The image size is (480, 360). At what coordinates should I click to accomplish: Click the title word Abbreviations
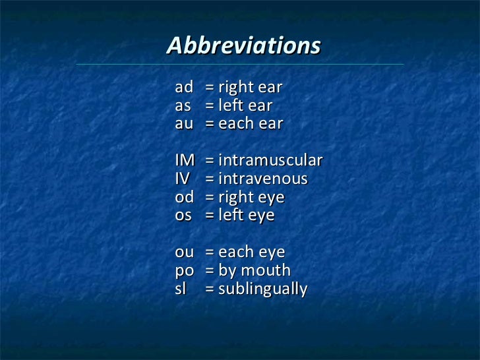(243, 46)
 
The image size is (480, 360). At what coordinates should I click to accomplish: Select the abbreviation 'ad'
(184, 87)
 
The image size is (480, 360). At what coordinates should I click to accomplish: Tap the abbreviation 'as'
(183, 105)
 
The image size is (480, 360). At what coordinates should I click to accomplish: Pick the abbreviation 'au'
(184, 124)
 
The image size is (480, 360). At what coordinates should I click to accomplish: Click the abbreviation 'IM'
(185, 160)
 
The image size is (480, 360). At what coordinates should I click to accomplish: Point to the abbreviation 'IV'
(183, 179)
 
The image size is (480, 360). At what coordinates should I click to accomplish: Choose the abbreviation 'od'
(185, 196)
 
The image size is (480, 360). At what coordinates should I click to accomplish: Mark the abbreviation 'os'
(183, 215)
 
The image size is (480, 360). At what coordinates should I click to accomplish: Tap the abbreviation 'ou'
(185, 252)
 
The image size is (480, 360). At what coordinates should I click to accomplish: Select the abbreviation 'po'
(184, 270)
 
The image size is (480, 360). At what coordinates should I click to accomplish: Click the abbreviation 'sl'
(180, 288)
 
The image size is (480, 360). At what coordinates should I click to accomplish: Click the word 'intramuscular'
(270, 160)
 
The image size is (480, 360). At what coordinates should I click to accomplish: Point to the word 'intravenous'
(263, 179)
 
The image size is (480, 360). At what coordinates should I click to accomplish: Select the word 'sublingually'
(263, 289)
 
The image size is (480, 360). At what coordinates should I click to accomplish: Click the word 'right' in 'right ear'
(233, 88)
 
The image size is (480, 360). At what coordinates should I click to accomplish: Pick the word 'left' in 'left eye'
(228, 215)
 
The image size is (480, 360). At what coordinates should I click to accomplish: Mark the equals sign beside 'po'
(210, 270)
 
